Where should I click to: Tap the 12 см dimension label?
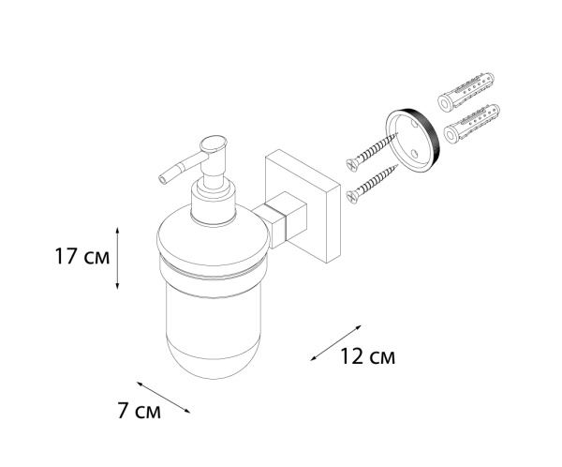tap(367, 357)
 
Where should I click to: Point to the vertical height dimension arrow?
tap(116, 256)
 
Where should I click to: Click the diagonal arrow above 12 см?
tap(334, 344)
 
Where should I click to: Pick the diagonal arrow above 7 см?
tap(163, 397)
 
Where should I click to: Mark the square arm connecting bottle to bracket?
tap(280, 218)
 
